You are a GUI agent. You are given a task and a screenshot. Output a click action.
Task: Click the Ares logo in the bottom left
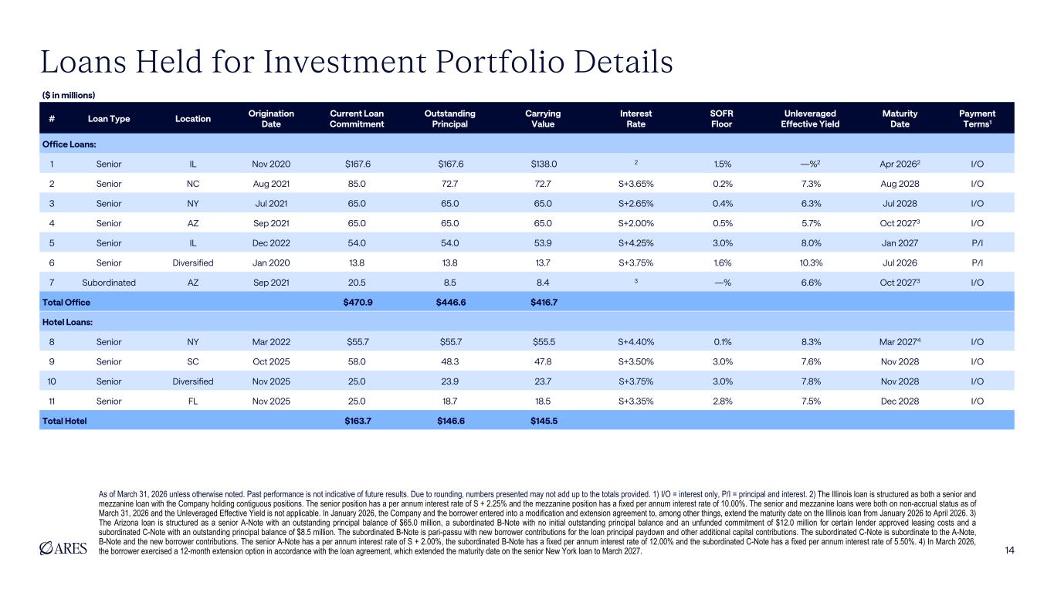pyautogui.click(x=63, y=548)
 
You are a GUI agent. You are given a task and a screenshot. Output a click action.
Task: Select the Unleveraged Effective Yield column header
pyautogui.click(x=810, y=119)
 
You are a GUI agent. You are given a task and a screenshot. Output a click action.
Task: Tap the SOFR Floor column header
pyautogui.click(x=721, y=119)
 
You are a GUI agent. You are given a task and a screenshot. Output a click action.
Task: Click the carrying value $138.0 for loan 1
pyautogui.click(x=544, y=164)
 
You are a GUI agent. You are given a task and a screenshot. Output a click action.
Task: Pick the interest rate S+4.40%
pyautogui.click(x=635, y=342)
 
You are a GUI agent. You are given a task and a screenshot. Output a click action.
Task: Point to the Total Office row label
pyautogui.click(x=66, y=302)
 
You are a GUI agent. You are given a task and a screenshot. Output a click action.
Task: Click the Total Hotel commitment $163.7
pyautogui.click(x=358, y=421)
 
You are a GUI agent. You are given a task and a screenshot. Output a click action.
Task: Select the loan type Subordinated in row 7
pyautogui.click(x=109, y=283)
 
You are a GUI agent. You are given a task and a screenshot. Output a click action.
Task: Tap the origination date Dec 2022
pyautogui.click(x=271, y=243)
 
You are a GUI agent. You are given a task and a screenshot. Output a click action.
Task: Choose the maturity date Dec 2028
pyautogui.click(x=900, y=401)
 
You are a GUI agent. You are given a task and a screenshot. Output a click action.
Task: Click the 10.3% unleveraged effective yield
pyautogui.click(x=811, y=263)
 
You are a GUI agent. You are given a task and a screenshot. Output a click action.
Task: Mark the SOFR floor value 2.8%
pyautogui.click(x=722, y=401)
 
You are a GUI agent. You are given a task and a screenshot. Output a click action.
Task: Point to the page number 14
pyautogui.click(x=1009, y=551)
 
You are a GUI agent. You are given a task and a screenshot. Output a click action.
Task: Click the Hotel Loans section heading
pyautogui.click(x=67, y=322)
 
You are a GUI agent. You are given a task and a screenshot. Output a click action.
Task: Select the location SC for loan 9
pyautogui.click(x=193, y=361)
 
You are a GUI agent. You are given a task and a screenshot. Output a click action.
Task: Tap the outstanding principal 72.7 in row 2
pyautogui.click(x=450, y=184)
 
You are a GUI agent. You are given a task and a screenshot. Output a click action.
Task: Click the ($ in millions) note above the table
pyautogui.click(x=69, y=95)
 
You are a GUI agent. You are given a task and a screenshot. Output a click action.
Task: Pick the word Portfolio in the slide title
pyautogui.click(x=500, y=62)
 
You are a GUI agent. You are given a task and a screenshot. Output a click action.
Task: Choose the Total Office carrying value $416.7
pyautogui.click(x=544, y=302)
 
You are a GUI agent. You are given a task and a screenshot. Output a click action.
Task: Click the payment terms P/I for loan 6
pyautogui.click(x=978, y=263)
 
